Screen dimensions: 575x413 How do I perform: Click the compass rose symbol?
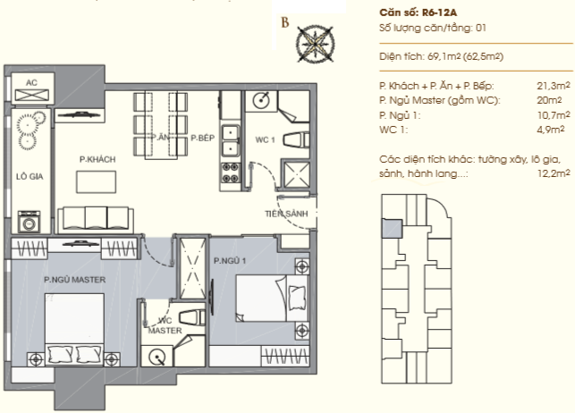coord(315,44)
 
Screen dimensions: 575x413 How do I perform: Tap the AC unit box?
coord(32,88)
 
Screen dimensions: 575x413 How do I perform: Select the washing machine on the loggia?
coord(29,222)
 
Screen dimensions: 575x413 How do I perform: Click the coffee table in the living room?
coord(96,181)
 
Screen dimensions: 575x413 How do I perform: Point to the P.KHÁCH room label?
coord(97,159)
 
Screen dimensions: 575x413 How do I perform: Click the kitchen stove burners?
coord(231,173)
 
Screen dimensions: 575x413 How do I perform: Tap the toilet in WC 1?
coord(296,140)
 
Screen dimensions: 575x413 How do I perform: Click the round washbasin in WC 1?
coord(261,100)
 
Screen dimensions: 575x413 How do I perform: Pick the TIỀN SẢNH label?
coord(286,214)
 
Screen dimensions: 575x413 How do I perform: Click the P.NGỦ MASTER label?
coord(75,280)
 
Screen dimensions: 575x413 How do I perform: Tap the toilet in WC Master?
coord(192,317)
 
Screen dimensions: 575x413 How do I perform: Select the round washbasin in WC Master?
coord(157,357)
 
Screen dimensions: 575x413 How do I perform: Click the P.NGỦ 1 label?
coord(230,260)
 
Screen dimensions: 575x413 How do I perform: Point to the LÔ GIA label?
coord(30,177)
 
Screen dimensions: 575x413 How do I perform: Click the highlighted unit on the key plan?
coord(393,229)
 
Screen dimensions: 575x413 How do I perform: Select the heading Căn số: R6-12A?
coord(418,13)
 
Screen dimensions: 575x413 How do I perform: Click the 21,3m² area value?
coord(554,86)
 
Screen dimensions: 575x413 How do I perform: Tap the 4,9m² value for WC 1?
coord(550,130)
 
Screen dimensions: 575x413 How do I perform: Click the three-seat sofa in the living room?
coord(96,220)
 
